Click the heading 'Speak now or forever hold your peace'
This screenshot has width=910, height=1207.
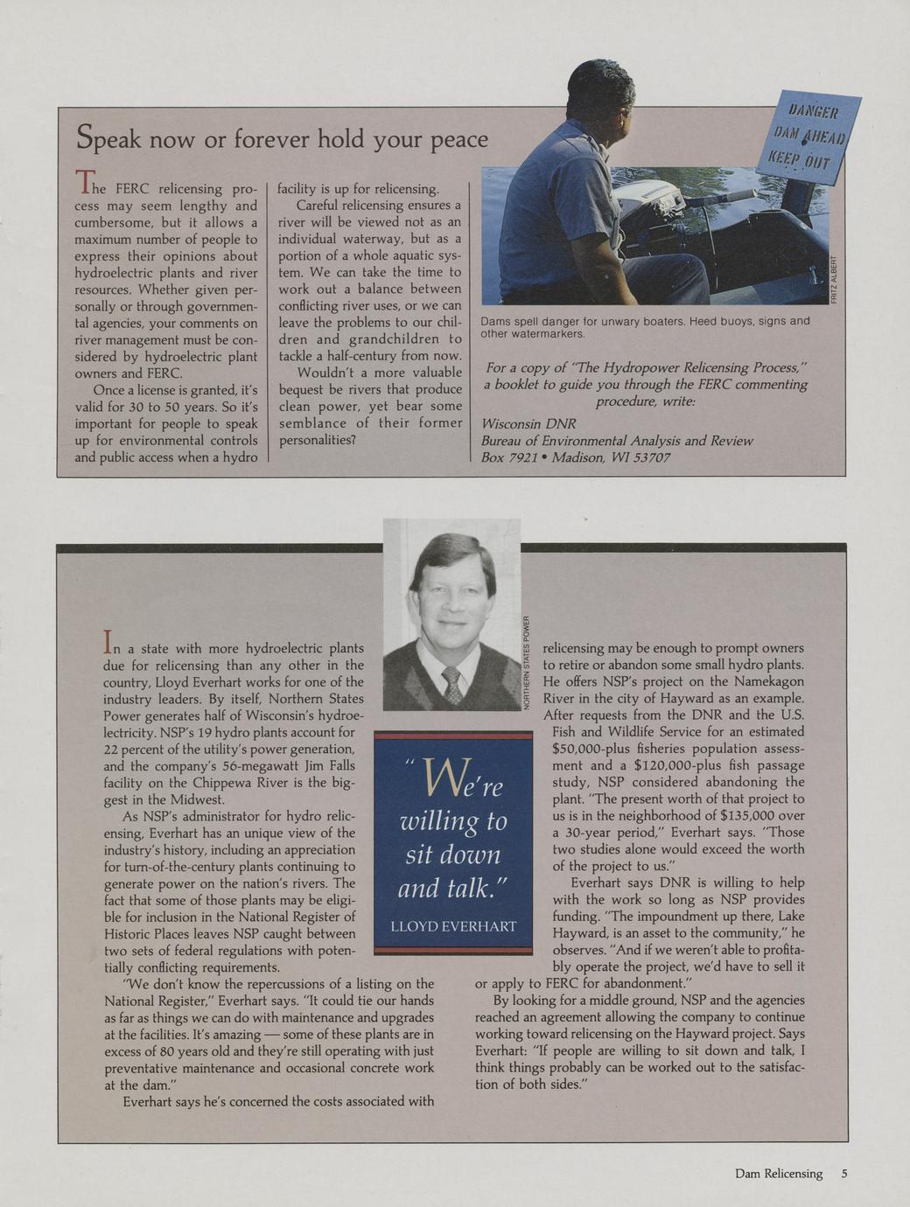pyautogui.click(x=282, y=139)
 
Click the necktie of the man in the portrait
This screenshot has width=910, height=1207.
pyautogui.click(x=451, y=684)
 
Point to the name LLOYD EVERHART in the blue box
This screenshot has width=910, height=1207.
pyautogui.click(x=453, y=926)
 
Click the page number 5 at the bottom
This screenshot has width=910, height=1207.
pyautogui.click(x=844, y=1174)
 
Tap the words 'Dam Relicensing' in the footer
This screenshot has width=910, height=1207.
pyautogui.click(x=779, y=1174)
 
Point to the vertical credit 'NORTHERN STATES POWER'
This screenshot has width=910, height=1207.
pyautogui.click(x=528, y=662)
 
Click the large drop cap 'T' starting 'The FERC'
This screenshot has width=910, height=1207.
pyautogui.click(x=85, y=182)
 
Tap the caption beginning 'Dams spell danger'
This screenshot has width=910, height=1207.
pyautogui.click(x=645, y=327)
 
